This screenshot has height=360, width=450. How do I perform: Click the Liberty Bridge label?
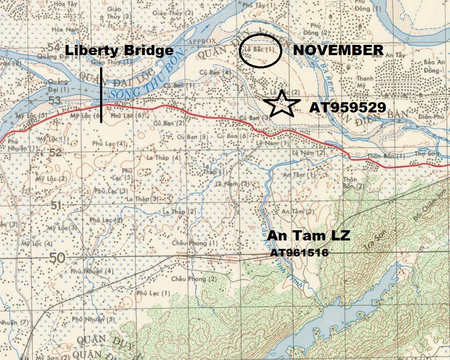click(x=119, y=50)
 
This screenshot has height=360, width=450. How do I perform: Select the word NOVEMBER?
click(x=338, y=50)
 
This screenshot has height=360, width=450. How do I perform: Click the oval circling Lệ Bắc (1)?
click(x=260, y=51)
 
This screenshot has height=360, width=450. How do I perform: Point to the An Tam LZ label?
click(x=309, y=236)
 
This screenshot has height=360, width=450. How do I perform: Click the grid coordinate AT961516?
click(x=300, y=253)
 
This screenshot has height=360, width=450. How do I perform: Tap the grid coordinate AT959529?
click(x=347, y=108)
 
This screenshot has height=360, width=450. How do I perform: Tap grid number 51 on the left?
click(x=56, y=205)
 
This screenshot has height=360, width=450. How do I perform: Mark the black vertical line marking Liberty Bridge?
click(x=101, y=95)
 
